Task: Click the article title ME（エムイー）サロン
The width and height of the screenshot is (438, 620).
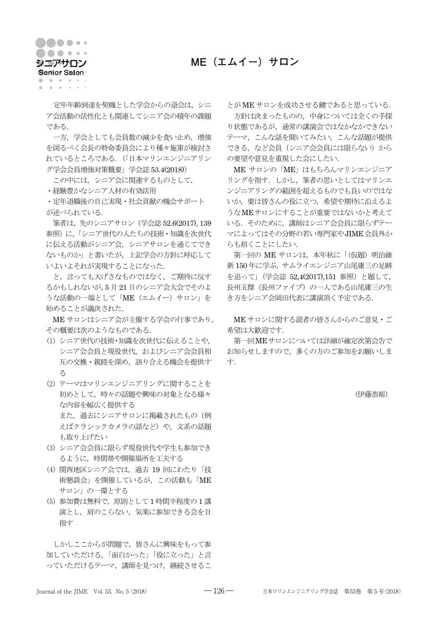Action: pos(244,62)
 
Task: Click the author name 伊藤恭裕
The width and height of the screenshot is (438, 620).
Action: pos(372,394)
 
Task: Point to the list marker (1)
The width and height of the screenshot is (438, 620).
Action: pos(51,340)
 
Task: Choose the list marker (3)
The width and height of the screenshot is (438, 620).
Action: pos(51,448)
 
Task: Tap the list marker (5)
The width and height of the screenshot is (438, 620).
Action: pos(51,501)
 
